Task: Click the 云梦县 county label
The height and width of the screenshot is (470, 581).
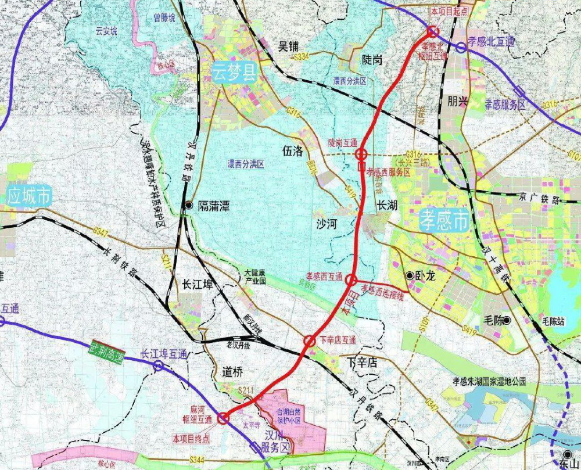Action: click(235, 74)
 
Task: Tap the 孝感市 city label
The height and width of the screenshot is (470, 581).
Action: click(444, 221)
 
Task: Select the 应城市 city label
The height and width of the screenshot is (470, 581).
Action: click(28, 196)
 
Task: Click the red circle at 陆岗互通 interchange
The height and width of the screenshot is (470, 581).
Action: click(361, 154)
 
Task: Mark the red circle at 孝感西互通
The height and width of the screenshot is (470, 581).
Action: click(350, 280)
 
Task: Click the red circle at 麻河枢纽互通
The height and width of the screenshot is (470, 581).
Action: click(223, 418)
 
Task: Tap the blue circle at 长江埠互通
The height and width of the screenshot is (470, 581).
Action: click(157, 365)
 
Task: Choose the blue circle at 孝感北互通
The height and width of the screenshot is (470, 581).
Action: click(461, 48)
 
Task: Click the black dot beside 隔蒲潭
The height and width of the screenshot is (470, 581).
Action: click(189, 205)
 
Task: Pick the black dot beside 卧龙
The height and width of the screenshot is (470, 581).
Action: click(410, 276)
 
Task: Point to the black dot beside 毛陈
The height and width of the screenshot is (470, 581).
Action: click(507, 320)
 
